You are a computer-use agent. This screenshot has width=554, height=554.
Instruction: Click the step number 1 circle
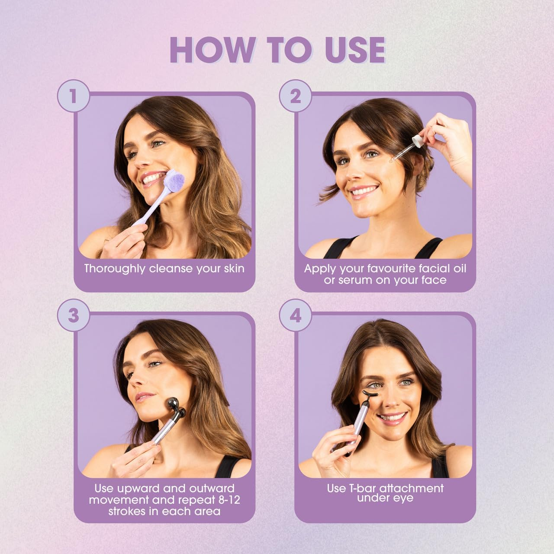click(74, 96)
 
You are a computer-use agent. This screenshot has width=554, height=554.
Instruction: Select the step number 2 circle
click(295, 96)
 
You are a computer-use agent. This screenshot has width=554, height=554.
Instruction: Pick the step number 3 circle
click(74, 316)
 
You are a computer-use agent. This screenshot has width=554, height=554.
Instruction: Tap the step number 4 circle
click(295, 316)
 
